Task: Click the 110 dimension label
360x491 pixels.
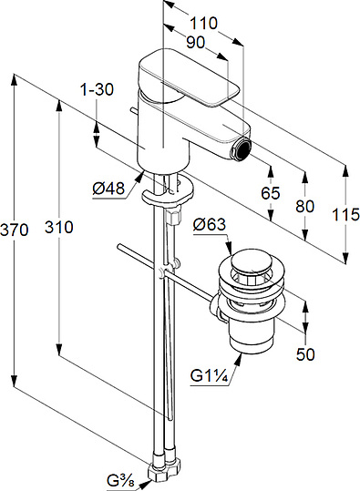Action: coord(203,23)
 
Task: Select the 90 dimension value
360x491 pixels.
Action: coord(196,42)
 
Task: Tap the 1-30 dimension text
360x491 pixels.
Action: coord(97,90)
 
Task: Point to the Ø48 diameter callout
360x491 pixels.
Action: coord(108,189)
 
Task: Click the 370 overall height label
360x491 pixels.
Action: coord(14,230)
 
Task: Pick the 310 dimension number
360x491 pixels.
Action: coord(59,227)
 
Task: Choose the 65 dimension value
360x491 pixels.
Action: coord(271,193)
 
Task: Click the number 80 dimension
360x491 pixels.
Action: coord(304,207)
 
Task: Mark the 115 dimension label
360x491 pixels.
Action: coord(345,215)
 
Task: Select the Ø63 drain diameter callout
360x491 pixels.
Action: coord(209,224)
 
